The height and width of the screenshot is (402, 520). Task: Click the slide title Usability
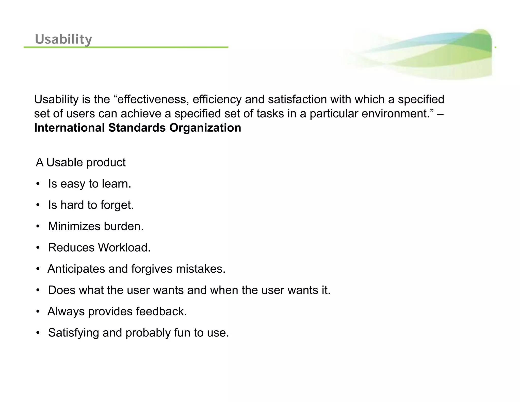(x=63, y=39)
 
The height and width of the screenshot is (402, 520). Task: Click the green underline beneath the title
(x=126, y=47)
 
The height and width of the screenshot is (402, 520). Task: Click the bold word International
(x=69, y=128)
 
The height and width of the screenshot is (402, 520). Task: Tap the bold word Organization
(x=205, y=128)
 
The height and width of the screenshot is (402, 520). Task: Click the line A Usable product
(x=81, y=163)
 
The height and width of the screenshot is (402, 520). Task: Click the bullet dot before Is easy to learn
(x=38, y=184)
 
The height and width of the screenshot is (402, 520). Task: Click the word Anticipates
(x=76, y=269)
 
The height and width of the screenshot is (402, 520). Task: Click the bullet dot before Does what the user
(x=38, y=290)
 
